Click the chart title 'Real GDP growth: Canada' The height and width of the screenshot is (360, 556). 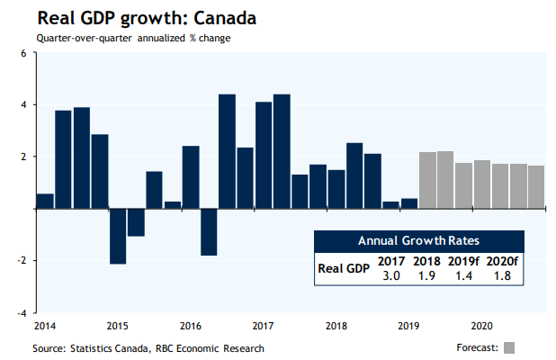pyautogui.click(x=133, y=19)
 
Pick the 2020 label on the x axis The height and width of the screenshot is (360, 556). pyautogui.click(x=481, y=324)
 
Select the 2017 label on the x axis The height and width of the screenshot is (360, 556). pyautogui.click(x=263, y=324)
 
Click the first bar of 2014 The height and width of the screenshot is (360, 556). pyautogui.click(x=44, y=201)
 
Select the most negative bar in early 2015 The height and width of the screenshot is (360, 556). pyautogui.click(x=118, y=236)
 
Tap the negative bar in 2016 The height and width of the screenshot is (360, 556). pyautogui.click(x=209, y=231)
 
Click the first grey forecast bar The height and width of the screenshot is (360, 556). pyautogui.click(x=427, y=180)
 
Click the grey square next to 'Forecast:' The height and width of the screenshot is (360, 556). pyautogui.click(x=509, y=347)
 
